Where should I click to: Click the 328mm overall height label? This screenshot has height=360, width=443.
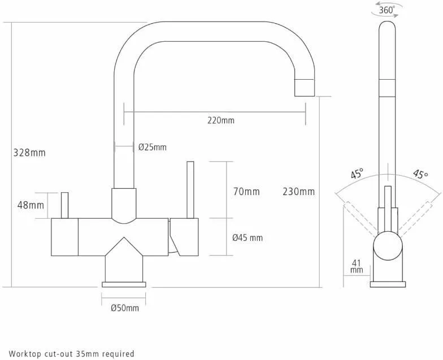29,153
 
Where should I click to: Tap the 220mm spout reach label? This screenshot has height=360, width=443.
221,120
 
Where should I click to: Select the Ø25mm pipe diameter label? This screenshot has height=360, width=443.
153,147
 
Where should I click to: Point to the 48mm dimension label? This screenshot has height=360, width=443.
31,205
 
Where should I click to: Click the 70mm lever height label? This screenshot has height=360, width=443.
246,192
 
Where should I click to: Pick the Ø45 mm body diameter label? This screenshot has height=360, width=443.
247,238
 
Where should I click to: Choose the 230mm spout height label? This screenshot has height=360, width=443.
298,192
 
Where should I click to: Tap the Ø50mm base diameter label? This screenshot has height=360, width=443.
125,307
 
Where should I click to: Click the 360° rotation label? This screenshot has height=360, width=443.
386,10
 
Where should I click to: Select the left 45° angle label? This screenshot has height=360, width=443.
357,174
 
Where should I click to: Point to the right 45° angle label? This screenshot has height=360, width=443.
420,174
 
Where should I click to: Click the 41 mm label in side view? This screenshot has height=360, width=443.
357,267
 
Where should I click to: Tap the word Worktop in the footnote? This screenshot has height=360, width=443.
25,354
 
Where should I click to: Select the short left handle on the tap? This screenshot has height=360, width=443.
65,206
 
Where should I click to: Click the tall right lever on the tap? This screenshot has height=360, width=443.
190,190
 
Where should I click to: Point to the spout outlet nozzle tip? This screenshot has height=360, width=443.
304,88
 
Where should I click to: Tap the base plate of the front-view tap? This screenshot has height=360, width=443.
124,285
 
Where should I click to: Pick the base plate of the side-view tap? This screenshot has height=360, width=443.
388,285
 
